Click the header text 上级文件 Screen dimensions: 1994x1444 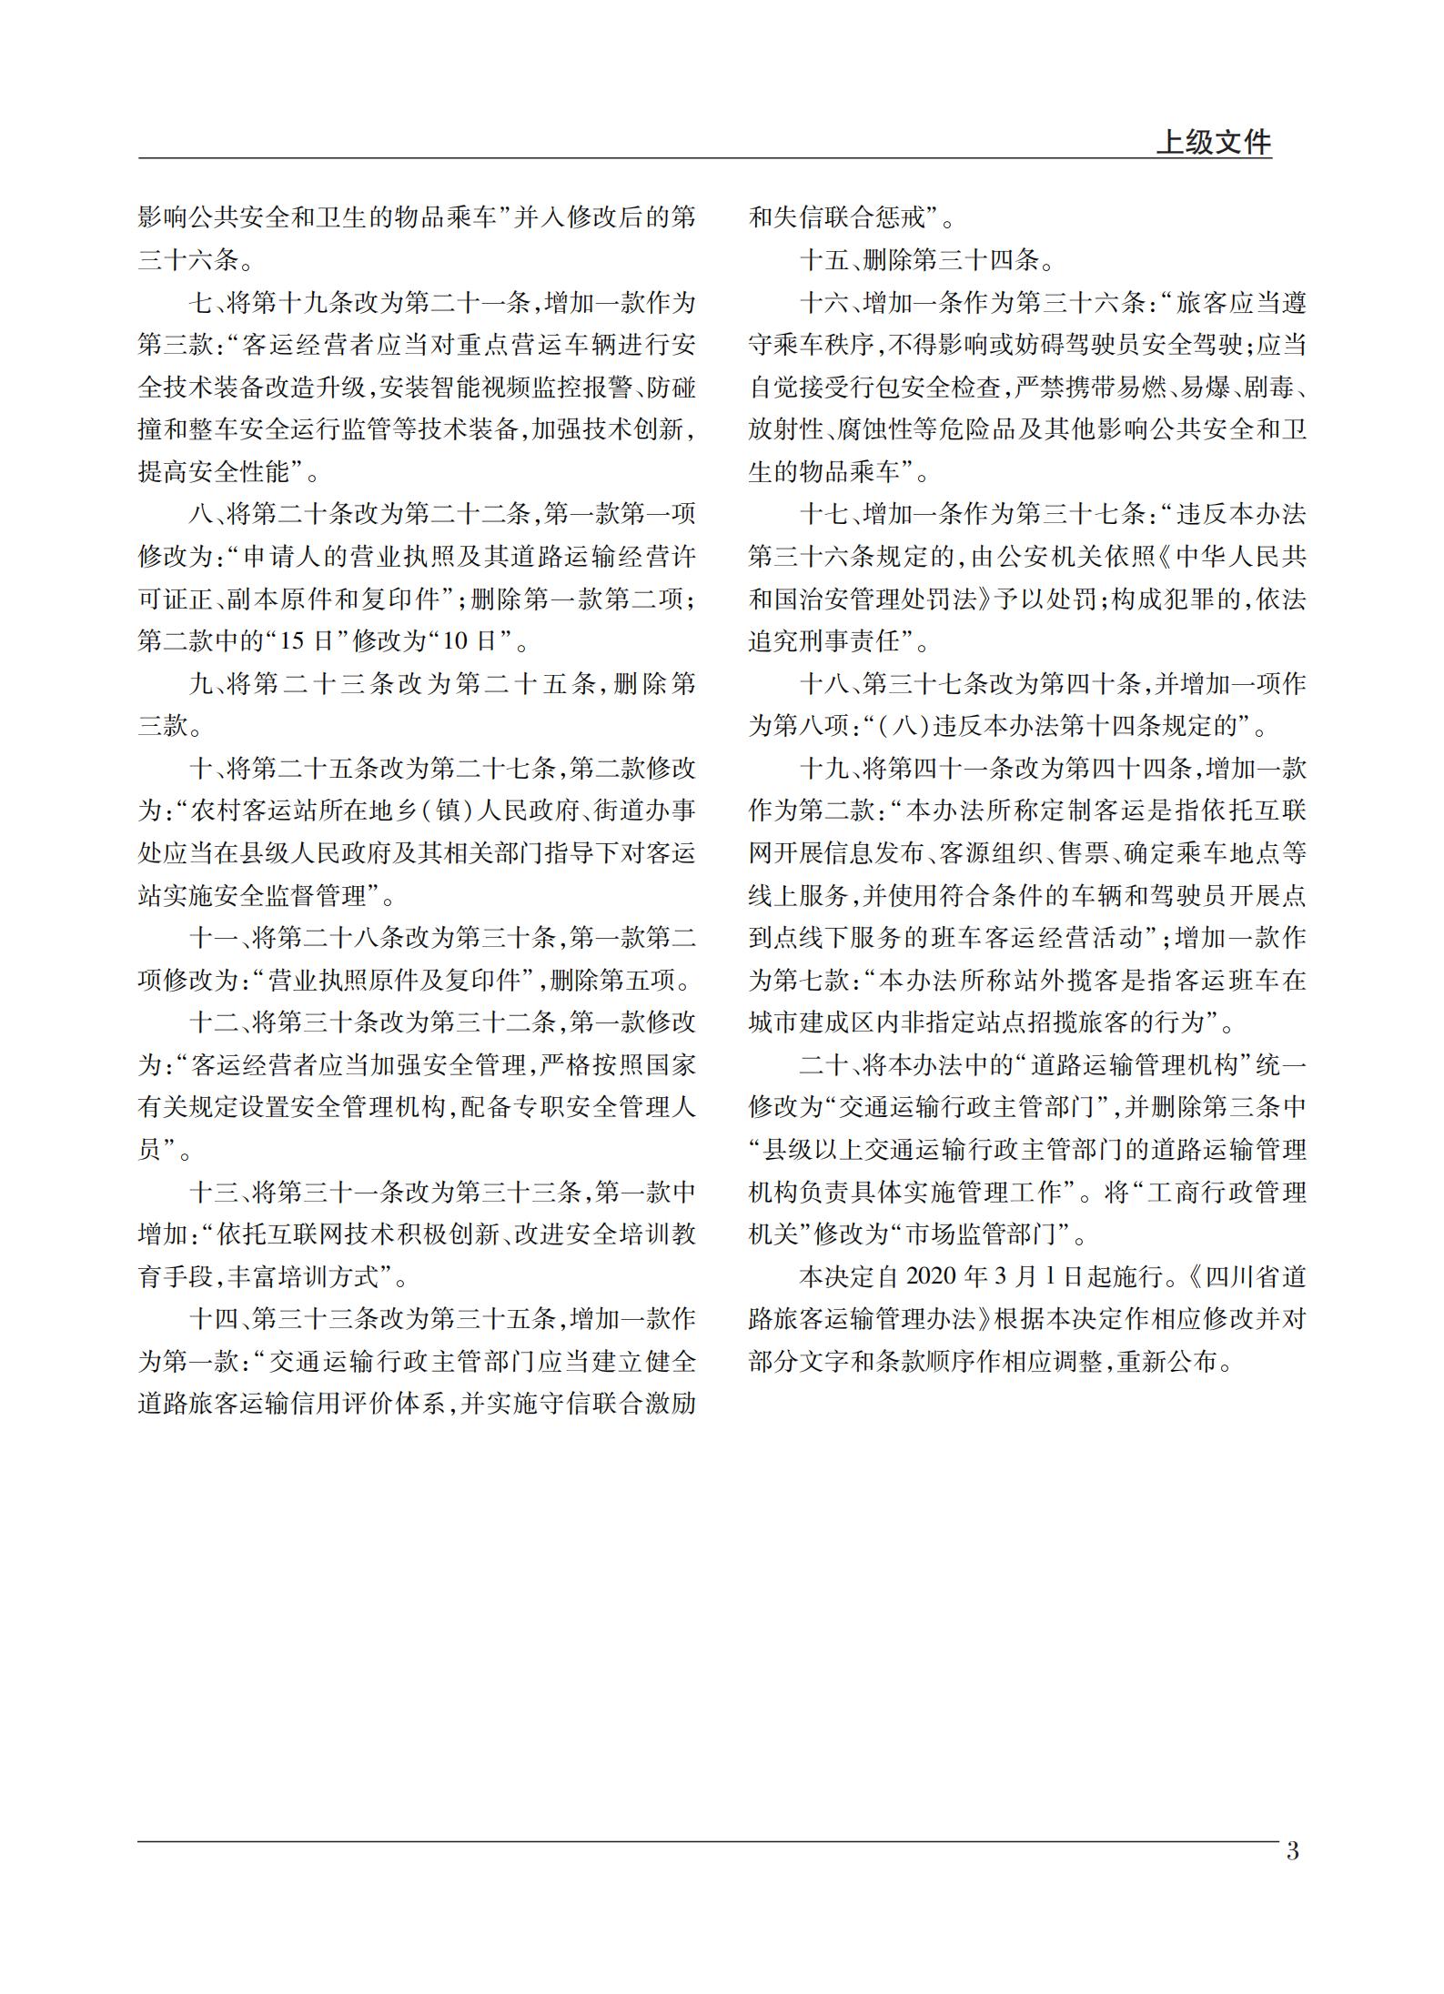click(1213, 142)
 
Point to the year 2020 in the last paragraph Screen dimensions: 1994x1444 click(936, 1276)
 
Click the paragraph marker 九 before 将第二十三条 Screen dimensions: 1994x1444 click(199, 684)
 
